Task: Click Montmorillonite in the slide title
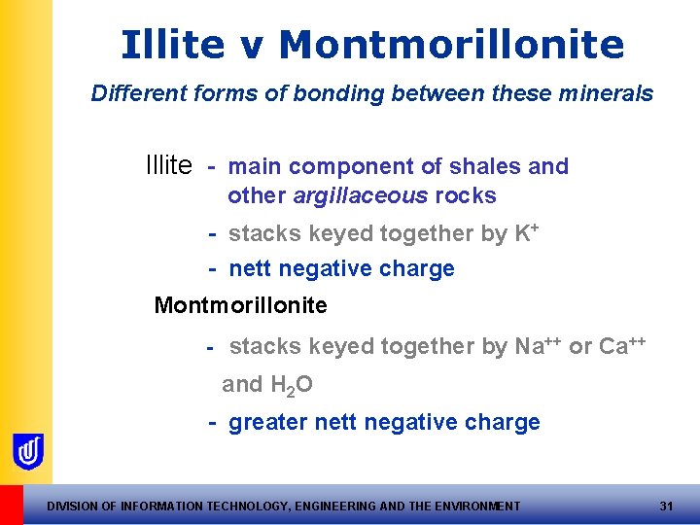(451, 45)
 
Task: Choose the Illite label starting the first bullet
(168, 166)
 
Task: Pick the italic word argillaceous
(360, 196)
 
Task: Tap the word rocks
(466, 196)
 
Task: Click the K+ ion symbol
(527, 233)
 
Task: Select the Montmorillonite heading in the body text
(240, 305)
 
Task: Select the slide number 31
(666, 506)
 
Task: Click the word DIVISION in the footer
(74, 506)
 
